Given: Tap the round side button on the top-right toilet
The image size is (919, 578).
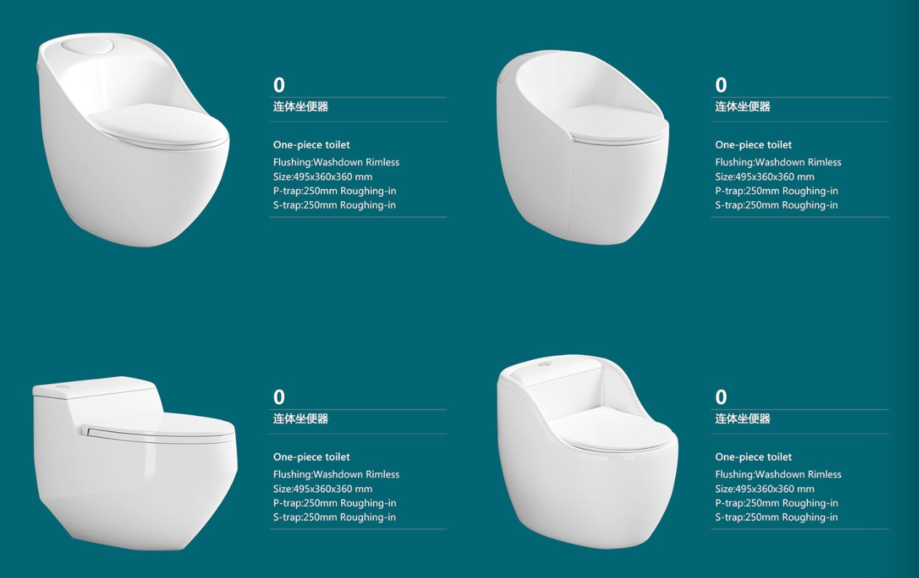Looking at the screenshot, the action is (504, 76).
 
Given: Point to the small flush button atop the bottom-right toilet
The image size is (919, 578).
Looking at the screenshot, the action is (545, 364).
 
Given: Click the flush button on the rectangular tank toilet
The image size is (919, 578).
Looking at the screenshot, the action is (62, 387).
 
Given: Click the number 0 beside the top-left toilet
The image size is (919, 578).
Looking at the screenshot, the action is (279, 85).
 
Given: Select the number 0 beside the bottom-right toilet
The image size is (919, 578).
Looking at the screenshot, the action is (721, 397).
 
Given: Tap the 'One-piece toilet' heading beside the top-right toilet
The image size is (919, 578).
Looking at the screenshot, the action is (753, 145).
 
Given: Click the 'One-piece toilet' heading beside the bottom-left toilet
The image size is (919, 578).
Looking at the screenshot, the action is (311, 457).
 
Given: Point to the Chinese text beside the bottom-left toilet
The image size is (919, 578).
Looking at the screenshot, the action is (301, 419).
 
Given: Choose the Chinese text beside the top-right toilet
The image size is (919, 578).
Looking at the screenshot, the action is (743, 107).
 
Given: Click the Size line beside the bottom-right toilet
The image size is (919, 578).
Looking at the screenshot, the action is (764, 489).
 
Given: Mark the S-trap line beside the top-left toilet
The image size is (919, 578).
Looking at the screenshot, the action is (335, 205).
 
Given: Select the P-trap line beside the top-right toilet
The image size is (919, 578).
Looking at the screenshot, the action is (777, 191).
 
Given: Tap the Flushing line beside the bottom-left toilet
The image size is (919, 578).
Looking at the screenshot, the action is (336, 475).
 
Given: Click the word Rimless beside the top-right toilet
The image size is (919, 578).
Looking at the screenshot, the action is (824, 162).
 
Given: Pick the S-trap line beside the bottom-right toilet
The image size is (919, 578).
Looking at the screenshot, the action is (776, 517).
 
